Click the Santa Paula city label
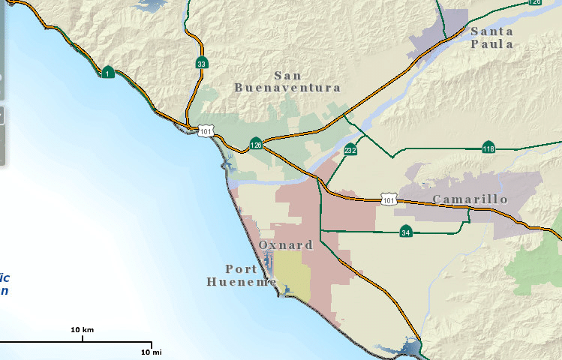click(x=492, y=37)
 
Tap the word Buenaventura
click(x=287, y=88)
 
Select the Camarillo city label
click(x=470, y=199)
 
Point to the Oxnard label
click(x=286, y=245)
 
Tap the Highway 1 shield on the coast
click(x=109, y=73)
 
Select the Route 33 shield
click(x=201, y=64)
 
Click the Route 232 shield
click(x=350, y=150)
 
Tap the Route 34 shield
click(x=406, y=232)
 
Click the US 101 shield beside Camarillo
click(x=388, y=200)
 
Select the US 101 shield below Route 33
click(x=206, y=132)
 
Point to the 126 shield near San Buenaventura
click(x=257, y=144)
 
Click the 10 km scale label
click(x=82, y=330)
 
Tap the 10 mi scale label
click(x=151, y=352)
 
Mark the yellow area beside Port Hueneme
click(x=292, y=273)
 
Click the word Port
click(x=241, y=268)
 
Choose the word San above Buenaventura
click(x=287, y=75)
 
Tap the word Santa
click(x=492, y=31)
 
